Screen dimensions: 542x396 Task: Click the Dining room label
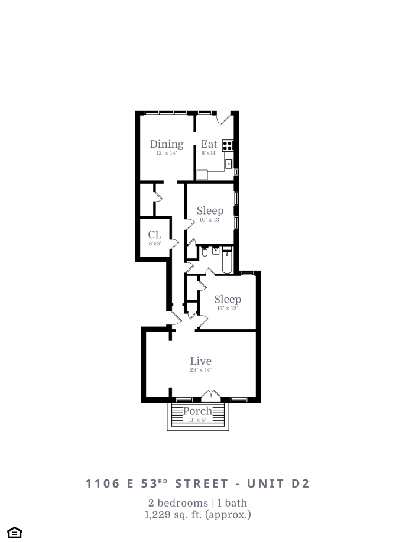tap(166, 144)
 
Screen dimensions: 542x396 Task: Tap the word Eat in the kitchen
tap(209, 144)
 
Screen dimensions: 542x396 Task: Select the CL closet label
tap(154, 235)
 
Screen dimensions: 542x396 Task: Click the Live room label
tap(200, 361)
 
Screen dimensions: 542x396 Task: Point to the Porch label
tap(197, 411)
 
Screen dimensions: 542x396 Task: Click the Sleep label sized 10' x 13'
tap(210, 211)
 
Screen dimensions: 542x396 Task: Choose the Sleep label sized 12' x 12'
tap(228, 299)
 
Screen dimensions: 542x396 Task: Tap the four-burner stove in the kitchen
tap(228, 144)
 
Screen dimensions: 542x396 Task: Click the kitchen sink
tap(229, 163)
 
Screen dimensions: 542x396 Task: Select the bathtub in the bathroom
tap(227, 262)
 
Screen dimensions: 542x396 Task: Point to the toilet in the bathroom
tap(204, 252)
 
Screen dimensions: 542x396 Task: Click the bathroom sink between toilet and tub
tap(216, 250)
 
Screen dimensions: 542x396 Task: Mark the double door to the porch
tap(211, 394)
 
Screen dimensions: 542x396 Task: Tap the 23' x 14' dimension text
tap(200, 370)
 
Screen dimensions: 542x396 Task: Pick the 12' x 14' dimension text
tap(166, 153)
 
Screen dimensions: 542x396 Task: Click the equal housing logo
tap(15, 533)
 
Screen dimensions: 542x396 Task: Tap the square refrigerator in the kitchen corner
tap(202, 174)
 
